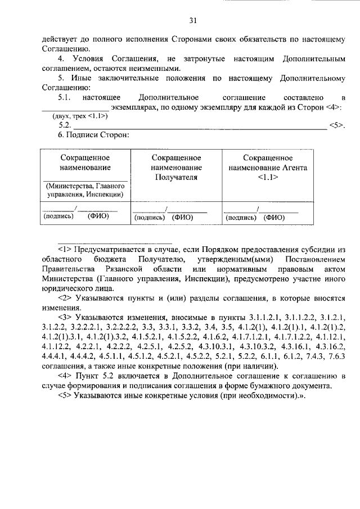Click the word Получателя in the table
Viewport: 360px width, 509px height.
tap(177, 177)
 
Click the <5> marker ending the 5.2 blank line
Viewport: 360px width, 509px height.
tap(336, 125)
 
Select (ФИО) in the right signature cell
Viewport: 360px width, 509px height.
tap(274, 217)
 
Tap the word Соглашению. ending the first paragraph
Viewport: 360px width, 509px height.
tap(65, 49)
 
